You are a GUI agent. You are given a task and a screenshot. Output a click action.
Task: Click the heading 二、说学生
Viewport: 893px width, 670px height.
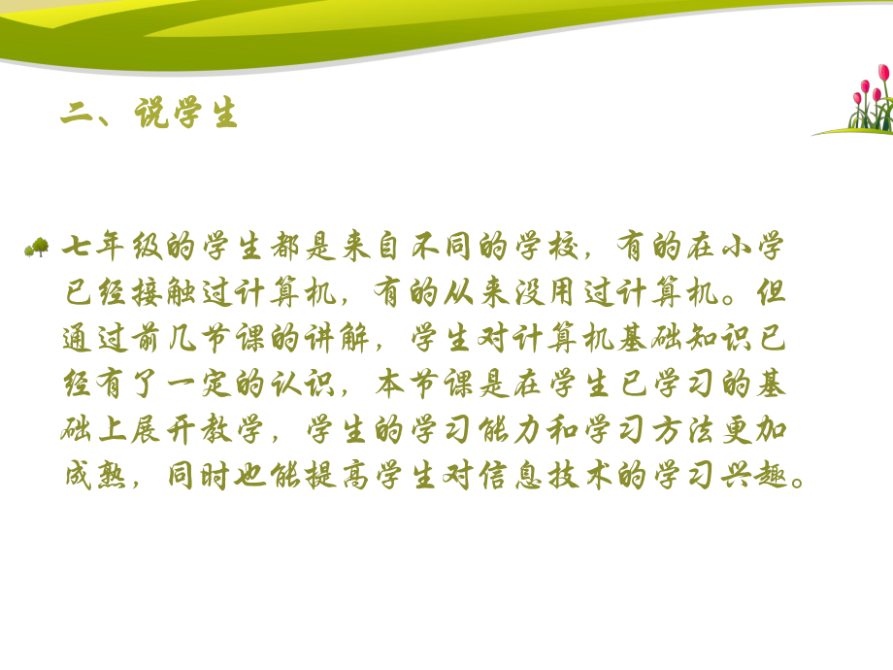pyautogui.click(x=149, y=115)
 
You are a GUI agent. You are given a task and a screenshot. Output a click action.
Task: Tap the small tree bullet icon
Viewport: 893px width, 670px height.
pyautogui.click(x=37, y=249)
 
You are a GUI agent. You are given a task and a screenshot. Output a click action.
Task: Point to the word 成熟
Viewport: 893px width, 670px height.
pyautogui.click(x=94, y=477)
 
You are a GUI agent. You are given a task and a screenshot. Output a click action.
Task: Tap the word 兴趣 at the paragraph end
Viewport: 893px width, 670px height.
pyautogui.click(x=760, y=477)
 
